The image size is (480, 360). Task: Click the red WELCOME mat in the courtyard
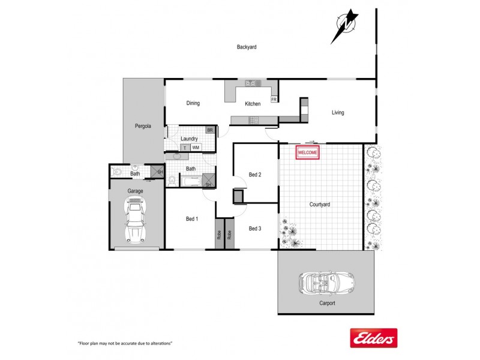pyautogui.click(x=307, y=152)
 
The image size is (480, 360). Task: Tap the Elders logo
pyautogui.click(x=373, y=338)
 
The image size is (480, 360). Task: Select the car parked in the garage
pyautogui.click(x=136, y=220)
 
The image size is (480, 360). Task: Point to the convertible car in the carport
pyautogui.click(x=327, y=283)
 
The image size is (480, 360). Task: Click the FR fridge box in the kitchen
pyautogui.click(x=274, y=100)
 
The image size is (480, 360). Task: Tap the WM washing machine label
pyautogui.click(x=196, y=148)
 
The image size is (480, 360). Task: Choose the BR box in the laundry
pyautogui.click(x=210, y=130)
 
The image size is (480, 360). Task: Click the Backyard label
pyautogui.click(x=247, y=47)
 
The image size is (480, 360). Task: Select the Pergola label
pyautogui.click(x=143, y=126)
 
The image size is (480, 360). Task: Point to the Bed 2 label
pyautogui.click(x=255, y=175)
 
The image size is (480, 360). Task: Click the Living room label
pyautogui.click(x=338, y=113)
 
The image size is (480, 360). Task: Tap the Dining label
pyautogui.click(x=193, y=103)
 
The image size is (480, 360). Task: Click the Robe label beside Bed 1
pyautogui.click(x=219, y=235)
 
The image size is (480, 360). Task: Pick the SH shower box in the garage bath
pyautogui.click(x=157, y=172)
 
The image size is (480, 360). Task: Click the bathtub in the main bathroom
pyautogui.click(x=191, y=181)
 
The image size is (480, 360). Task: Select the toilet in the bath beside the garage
pyautogui.click(x=116, y=172)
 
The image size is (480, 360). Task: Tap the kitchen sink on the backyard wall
pyautogui.click(x=253, y=83)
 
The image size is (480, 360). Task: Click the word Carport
pyautogui.click(x=327, y=303)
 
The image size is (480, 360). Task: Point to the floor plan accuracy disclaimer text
pyautogui.click(x=125, y=343)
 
